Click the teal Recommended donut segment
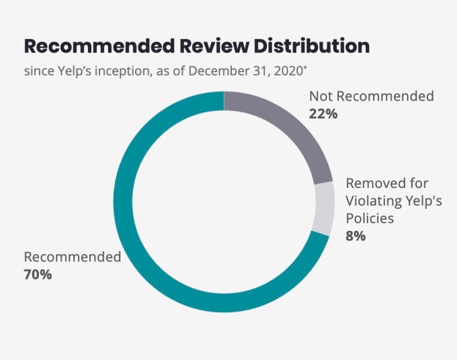(x=134, y=255)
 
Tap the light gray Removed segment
(x=324, y=208)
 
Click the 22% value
(x=323, y=114)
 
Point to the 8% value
(x=356, y=236)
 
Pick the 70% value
(x=38, y=274)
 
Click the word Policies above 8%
(x=369, y=218)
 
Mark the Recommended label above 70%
(x=73, y=257)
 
